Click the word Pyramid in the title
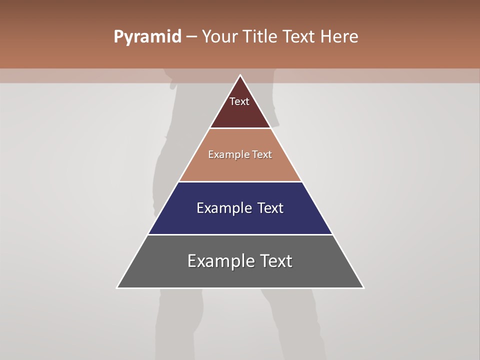click(147, 37)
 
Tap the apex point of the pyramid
click(240, 75)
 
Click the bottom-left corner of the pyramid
click(117, 287)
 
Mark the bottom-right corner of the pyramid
click(363, 287)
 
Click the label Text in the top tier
click(239, 101)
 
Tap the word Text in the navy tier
click(271, 208)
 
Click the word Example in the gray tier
click(220, 261)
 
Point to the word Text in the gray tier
click(276, 261)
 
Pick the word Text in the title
click(298, 37)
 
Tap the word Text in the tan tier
click(262, 154)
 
